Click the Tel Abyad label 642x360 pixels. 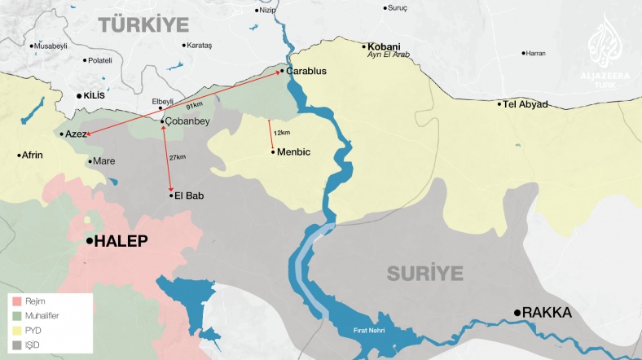click(x=525, y=104)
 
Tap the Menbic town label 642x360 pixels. click(x=294, y=151)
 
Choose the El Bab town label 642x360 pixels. click(x=188, y=195)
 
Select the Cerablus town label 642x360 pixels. click(x=306, y=72)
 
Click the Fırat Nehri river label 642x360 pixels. click(x=368, y=330)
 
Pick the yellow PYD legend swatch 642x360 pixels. click(x=15, y=331)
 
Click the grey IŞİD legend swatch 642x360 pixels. click(x=15, y=345)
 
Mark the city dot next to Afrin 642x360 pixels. click(x=19, y=155)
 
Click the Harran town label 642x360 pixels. click(x=535, y=53)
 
